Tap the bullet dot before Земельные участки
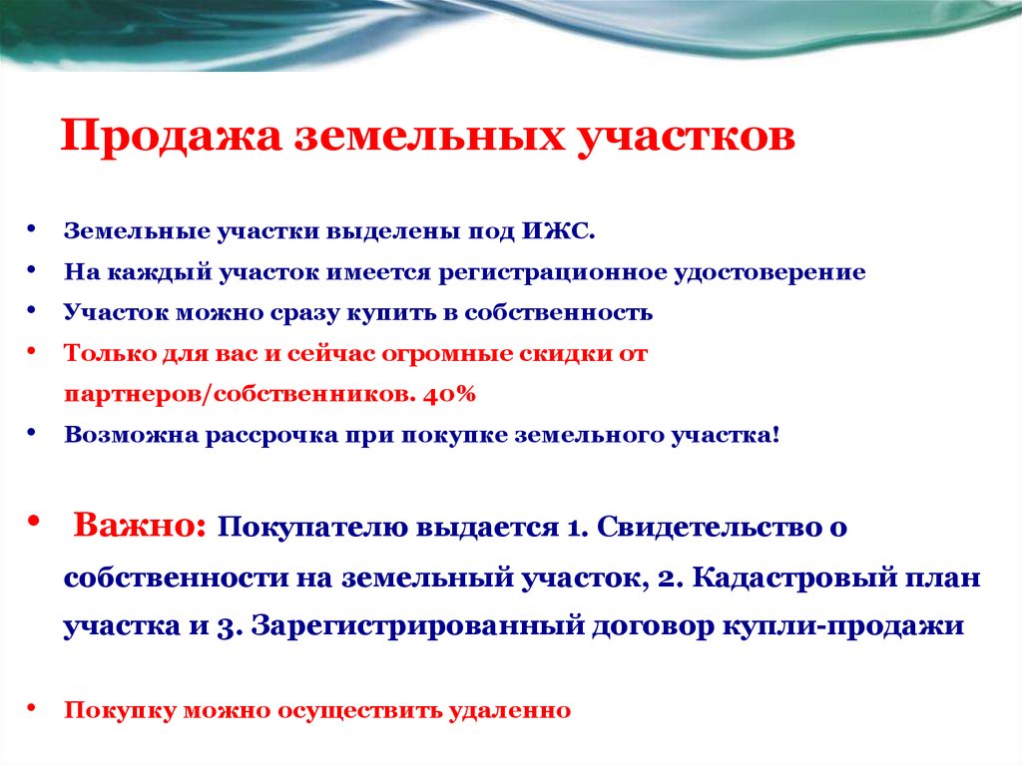[34, 229]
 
